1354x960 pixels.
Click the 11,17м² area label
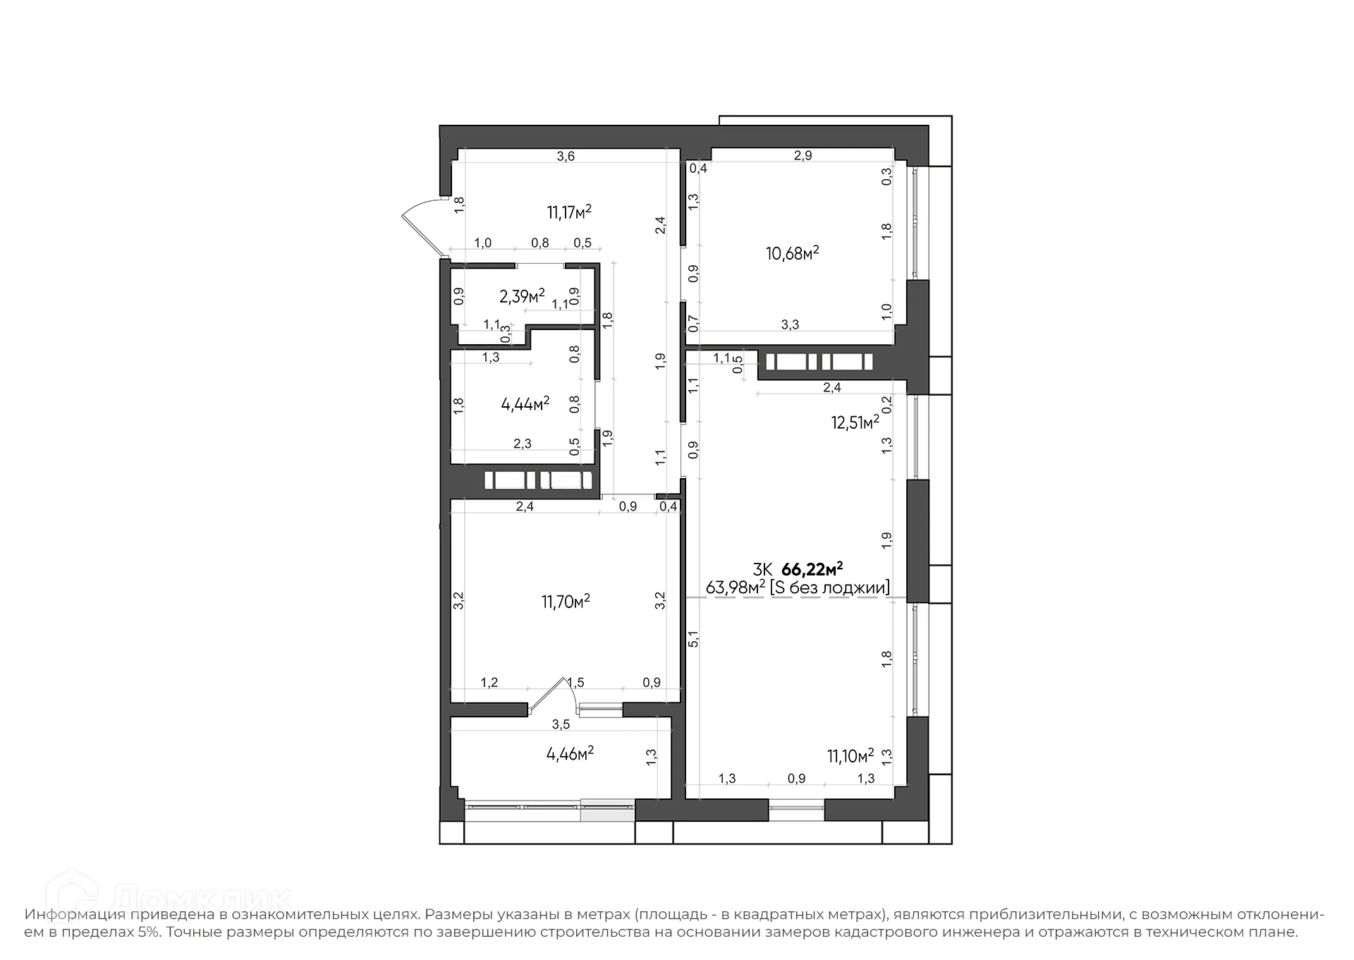[x=568, y=212]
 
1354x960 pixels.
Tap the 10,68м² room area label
[x=792, y=253]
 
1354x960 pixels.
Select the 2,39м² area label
[x=522, y=296]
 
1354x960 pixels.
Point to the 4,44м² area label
[x=525, y=404]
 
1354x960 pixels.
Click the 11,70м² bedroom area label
[x=565, y=602]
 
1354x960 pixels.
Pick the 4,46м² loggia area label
[x=570, y=753]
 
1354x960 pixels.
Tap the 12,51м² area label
[x=855, y=423]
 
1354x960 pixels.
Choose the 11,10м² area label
[x=850, y=756]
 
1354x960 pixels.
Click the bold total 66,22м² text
[x=812, y=569]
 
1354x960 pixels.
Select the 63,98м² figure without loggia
[x=736, y=587]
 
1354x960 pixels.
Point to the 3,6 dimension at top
[x=566, y=157]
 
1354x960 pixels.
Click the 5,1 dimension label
[x=694, y=639]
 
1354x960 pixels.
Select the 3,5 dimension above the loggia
[x=561, y=724]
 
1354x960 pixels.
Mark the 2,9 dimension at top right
[x=803, y=156]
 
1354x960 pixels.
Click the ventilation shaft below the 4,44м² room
[x=539, y=480]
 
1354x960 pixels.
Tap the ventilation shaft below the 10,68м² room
[x=819, y=362]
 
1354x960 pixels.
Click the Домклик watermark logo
[x=169, y=899]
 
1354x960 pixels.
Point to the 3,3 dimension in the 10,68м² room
[x=790, y=324]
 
